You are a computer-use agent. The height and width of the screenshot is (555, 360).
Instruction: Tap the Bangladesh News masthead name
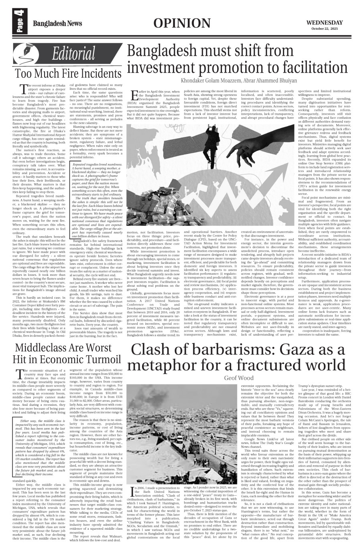click(x=55, y=22)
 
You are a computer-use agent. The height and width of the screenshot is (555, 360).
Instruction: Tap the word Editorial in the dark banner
click(x=74, y=55)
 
